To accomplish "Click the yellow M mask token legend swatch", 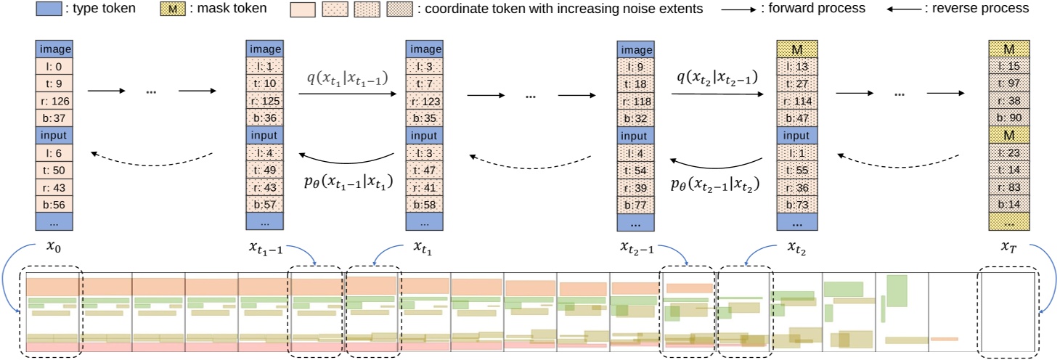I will (x=174, y=9).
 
